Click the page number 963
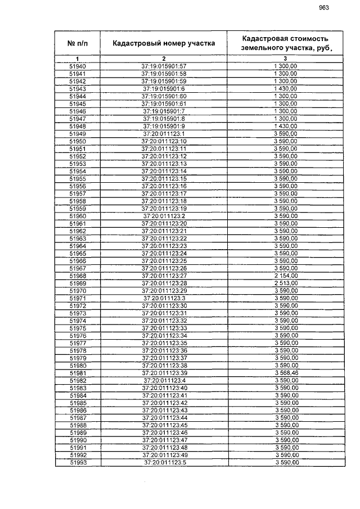tap(323, 8)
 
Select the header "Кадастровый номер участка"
tap(164, 43)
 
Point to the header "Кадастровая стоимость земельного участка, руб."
tap(285, 43)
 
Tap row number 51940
tap(78, 67)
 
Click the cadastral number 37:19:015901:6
tap(164, 89)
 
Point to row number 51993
tap(78, 462)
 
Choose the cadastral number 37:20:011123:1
tap(164, 134)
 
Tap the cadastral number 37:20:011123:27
tap(164, 276)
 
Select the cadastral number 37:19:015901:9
tap(164, 127)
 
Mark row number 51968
tap(78, 276)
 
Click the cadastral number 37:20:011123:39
tap(164, 373)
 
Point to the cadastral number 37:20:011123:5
tap(164, 462)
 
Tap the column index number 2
tap(164, 59)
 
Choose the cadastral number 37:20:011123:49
tap(164, 455)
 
